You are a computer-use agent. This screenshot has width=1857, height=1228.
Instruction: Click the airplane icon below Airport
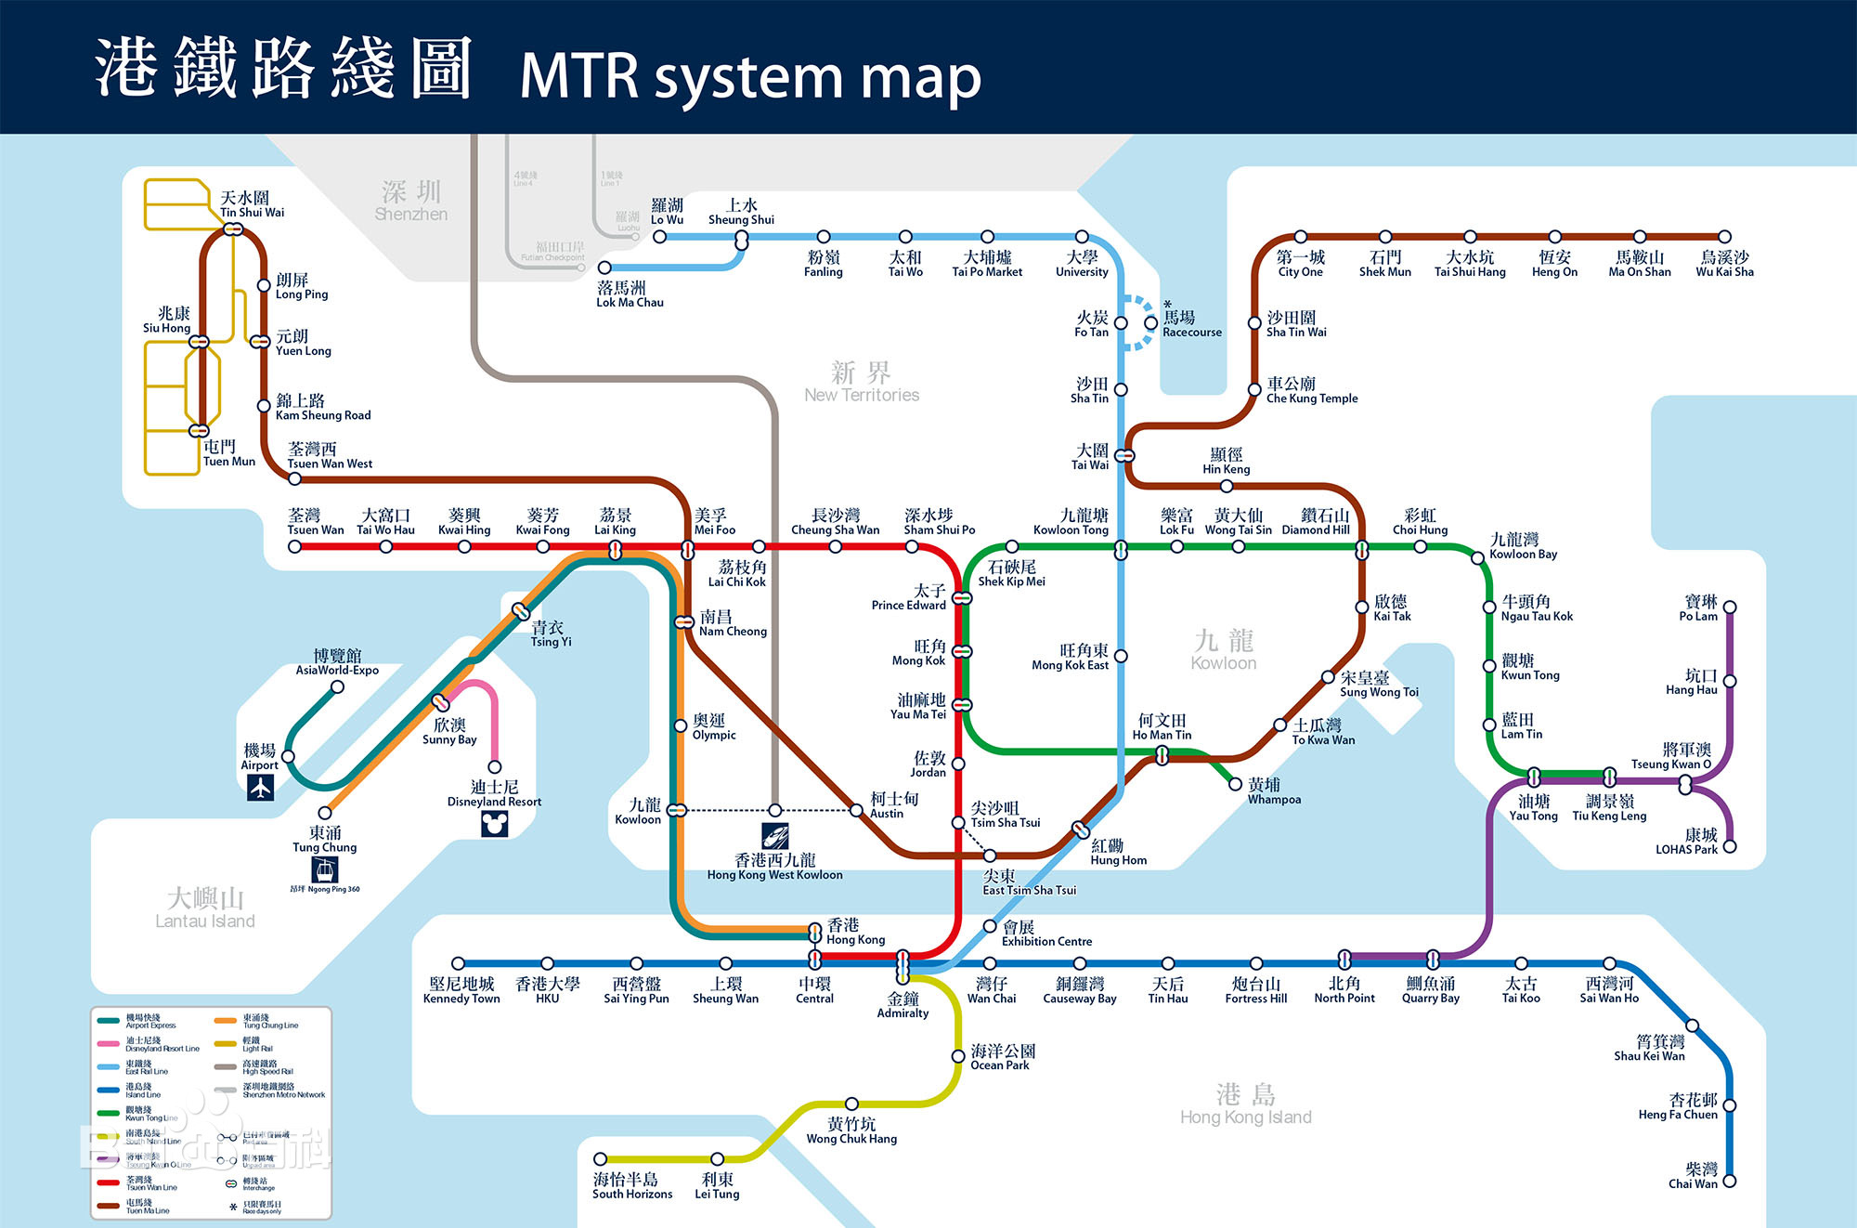click(x=260, y=788)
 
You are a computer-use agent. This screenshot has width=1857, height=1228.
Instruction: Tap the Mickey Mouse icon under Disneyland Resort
click(x=495, y=824)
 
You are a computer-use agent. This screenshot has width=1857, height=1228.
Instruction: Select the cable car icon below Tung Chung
click(x=325, y=869)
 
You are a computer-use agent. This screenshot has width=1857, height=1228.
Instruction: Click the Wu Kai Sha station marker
click(x=1724, y=237)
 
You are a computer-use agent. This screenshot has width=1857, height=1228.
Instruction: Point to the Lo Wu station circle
click(x=659, y=237)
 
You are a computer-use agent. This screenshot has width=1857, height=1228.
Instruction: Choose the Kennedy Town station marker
click(x=458, y=963)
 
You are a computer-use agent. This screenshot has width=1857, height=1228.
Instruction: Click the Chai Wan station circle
click(x=1729, y=1182)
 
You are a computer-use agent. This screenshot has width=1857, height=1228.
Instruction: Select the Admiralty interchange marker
click(x=903, y=967)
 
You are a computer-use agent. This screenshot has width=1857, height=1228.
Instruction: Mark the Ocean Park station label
click(x=1002, y=1057)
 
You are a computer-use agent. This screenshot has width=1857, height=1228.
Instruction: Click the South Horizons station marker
click(x=601, y=1159)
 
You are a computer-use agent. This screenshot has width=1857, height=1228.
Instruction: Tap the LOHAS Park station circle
click(x=1730, y=846)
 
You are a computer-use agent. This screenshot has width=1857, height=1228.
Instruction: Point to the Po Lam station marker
click(x=1730, y=607)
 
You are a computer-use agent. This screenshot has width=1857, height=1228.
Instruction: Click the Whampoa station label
click(x=1273, y=791)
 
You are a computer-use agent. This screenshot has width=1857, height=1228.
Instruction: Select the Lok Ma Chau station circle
click(x=604, y=268)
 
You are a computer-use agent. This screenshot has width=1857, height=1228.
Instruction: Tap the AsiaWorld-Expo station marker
click(x=337, y=687)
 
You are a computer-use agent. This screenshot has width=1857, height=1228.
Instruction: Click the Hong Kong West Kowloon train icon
click(x=775, y=835)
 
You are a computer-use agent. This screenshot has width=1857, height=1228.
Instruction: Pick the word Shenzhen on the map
click(x=410, y=214)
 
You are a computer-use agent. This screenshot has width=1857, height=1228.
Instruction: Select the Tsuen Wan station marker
click(x=294, y=547)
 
